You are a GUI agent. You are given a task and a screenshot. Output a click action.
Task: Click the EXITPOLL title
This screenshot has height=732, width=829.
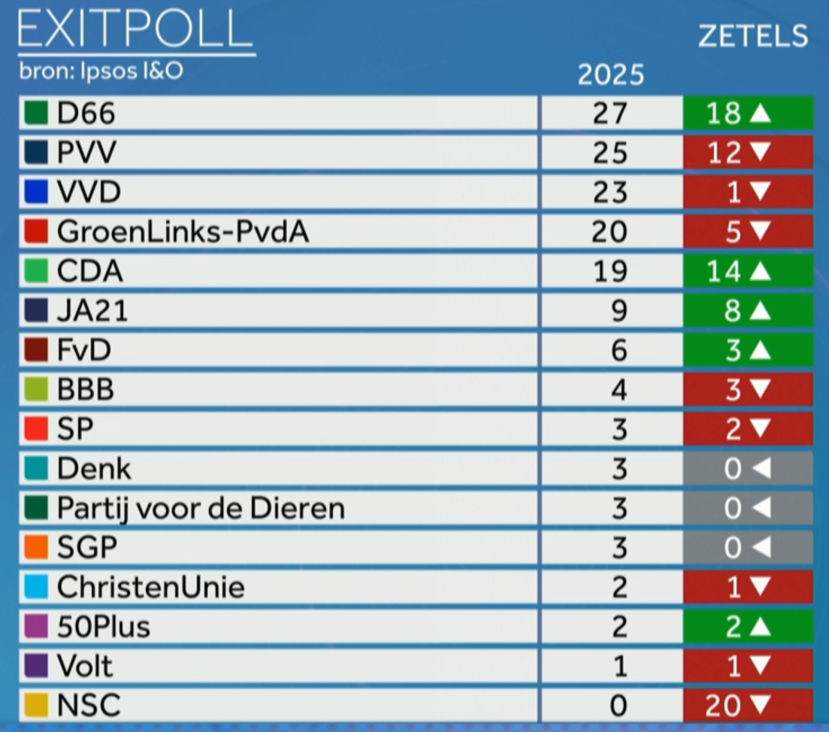(135, 32)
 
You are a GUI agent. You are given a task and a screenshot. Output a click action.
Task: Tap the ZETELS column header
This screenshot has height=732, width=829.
(753, 35)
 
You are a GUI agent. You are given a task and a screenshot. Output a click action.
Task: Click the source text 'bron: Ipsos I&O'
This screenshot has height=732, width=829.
(101, 73)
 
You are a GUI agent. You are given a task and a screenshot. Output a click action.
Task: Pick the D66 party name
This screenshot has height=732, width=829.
(86, 113)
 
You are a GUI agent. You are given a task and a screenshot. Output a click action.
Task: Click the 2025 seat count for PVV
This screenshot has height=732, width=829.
(610, 153)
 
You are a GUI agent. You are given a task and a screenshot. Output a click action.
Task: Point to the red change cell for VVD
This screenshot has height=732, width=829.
(748, 192)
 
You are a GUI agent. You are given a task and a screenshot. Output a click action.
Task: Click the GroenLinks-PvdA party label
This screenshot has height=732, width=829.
(183, 231)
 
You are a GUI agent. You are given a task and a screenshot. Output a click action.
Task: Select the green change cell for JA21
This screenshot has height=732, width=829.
(748, 310)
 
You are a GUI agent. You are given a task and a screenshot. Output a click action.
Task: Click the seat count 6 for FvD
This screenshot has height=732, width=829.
(618, 350)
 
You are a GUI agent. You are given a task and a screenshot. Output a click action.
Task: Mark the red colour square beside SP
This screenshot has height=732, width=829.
(37, 429)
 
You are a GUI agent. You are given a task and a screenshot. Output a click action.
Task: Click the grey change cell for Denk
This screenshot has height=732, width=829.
(748, 469)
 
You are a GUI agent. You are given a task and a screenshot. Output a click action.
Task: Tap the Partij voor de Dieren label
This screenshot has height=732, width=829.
(201, 509)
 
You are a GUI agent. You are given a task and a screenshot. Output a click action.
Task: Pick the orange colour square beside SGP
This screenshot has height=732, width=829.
(37, 548)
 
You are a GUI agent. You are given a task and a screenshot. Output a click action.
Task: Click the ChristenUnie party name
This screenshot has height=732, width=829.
(150, 587)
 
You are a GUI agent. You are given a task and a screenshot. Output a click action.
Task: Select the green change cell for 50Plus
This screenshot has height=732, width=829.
(748, 627)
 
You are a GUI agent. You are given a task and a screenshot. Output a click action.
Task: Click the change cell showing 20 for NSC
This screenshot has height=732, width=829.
(748, 706)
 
